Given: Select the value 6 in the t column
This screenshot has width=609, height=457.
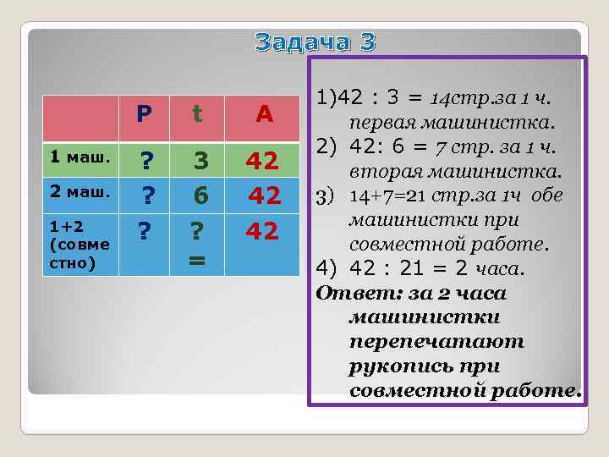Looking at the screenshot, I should pyautogui.click(x=200, y=196).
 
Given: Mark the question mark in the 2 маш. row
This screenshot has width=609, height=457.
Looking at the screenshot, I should pyautogui.click(x=146, y=196).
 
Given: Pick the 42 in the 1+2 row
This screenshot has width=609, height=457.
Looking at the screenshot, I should pyautogui.click(x=263, y=232).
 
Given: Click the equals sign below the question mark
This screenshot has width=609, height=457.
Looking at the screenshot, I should pyautogui.click(x=196, y=261).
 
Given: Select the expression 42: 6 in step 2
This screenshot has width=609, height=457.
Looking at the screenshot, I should pyautogui.click(x=380, y=149).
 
